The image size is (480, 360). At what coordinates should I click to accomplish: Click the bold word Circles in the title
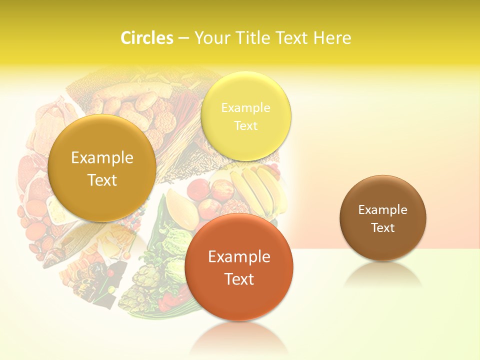click(147, 37)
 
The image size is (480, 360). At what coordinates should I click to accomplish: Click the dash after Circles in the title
click(183, 38)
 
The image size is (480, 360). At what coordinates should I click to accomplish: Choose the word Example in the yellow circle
click(245, 107)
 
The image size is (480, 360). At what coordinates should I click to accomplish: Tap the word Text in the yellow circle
click(245, 125)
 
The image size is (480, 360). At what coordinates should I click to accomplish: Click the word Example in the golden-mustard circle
click(102, 158)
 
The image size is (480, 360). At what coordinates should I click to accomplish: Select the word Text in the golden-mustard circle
click(102, 180)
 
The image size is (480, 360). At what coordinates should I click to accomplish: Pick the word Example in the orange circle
click(239, 256)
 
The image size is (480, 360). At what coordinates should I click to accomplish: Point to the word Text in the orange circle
click(239, 278)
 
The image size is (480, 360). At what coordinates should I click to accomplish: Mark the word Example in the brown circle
click(382, 210)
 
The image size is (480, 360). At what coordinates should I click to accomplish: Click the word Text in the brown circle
click(382, 228)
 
